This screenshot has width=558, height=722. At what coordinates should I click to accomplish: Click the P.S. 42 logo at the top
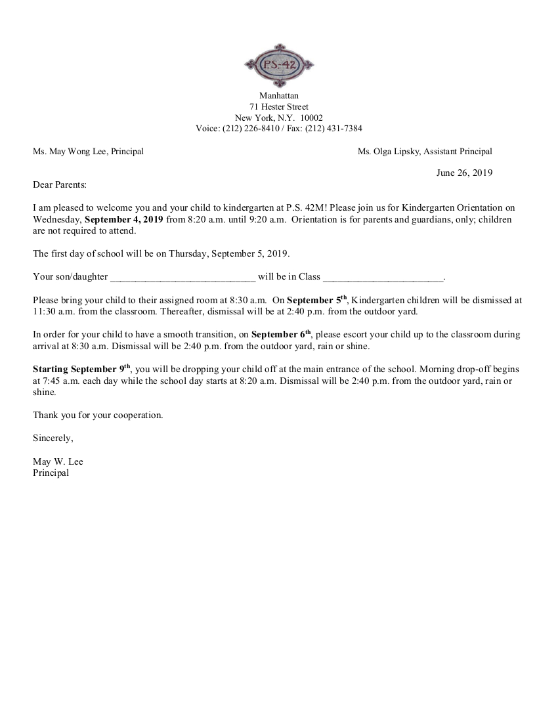click(x=279, y=64)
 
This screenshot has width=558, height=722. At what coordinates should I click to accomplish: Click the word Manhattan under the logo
click(x=279, y=96)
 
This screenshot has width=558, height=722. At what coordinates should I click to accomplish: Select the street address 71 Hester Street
click(x=279, y=107)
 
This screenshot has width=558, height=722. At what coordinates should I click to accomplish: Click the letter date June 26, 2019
click(x=464, y=173)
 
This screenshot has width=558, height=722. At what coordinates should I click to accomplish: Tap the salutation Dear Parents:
click(x=60, y=185)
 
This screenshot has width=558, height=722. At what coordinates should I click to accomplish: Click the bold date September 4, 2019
click(x=124, y=219)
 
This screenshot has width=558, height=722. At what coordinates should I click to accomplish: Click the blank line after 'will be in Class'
click(x=383, y=277)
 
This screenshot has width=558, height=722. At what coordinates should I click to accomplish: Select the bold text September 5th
click(x=316, y=300)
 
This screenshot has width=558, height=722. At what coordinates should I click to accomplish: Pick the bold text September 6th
click(x=281, y=334)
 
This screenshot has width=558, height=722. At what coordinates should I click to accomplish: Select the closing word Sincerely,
click(x=53, y=438)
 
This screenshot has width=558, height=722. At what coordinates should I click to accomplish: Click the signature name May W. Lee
click(x=58, y=461)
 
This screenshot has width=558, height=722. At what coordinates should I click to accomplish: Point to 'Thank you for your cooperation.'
click(x=98, y=415)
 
